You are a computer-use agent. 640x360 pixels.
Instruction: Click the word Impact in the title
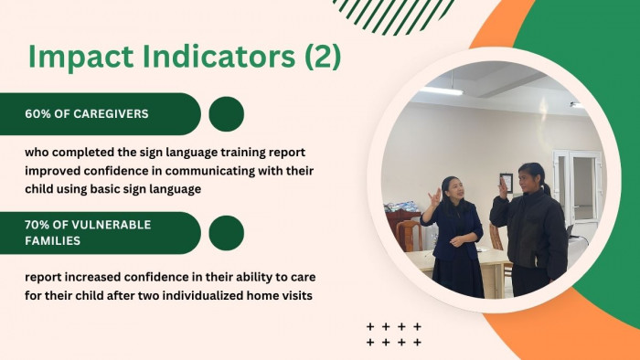pos(80,58)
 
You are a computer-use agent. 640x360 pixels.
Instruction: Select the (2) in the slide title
pos(323,57)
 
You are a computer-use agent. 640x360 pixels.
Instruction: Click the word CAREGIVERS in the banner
pos(111,113)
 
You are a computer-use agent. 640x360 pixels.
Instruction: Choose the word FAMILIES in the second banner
pos(53,240)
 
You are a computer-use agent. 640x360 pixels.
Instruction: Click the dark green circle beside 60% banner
pos(227,114)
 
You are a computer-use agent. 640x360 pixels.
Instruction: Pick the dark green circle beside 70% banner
pos(227,233)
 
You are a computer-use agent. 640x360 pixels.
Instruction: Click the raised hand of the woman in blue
pos(434,197)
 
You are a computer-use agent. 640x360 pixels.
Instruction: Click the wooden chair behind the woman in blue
pos(409,236)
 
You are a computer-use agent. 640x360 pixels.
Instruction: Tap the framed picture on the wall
pos(507,181)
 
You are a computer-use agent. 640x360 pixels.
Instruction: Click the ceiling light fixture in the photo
pos(442,91)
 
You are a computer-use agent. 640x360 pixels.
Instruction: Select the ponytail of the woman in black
pos(546,187)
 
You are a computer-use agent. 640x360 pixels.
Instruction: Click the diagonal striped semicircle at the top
pos(393,16)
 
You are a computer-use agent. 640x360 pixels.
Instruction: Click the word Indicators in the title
pos(219,57)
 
